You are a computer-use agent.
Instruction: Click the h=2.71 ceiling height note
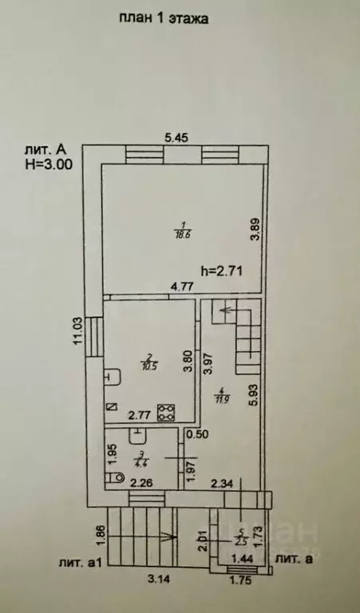[x=220, y=271]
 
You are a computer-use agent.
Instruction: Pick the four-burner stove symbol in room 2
[x=168, y=412]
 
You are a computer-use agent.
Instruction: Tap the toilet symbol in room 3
[x=114, y=477]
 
